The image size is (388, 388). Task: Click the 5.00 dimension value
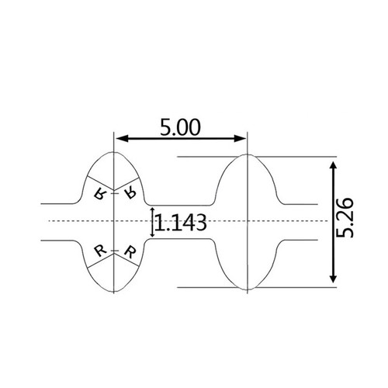(181, 127)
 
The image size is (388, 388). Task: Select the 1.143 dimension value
(180, 223)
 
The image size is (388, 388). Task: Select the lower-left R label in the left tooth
(99, 250)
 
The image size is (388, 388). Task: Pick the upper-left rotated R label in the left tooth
(99, 193)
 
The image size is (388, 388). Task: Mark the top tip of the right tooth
(247, 154)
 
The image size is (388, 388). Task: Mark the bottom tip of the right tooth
(247, 290)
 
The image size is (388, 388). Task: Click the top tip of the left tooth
(114, 150)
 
